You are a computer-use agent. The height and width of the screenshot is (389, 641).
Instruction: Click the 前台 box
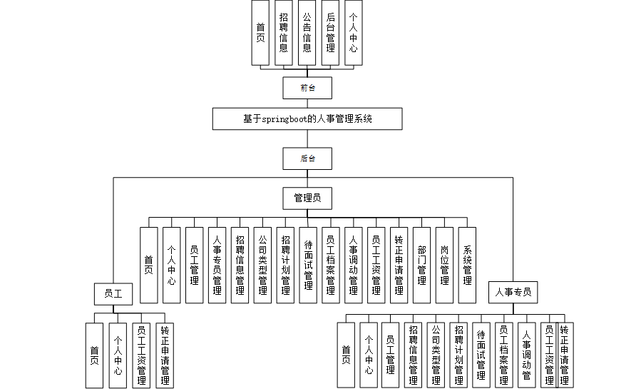tap(307, 88)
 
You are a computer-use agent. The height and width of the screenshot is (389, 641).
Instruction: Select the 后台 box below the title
tap(307, 158)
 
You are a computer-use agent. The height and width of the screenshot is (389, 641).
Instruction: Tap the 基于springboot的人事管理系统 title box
tap(307, 119)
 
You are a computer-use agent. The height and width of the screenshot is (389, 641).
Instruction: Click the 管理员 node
tap(307, 196)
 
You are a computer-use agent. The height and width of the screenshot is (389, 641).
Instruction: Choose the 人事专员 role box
tap(513, 291)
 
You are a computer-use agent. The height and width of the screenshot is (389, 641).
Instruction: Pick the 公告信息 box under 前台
tap(307, 33)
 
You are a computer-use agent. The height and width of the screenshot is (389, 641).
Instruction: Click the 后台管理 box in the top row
tap(330, 33)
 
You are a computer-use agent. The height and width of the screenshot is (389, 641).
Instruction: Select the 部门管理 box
tap(421, 265)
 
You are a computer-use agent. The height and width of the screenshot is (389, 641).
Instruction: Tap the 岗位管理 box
tap(444, 265)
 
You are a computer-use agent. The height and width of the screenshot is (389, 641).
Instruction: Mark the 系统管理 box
tap(467, 265)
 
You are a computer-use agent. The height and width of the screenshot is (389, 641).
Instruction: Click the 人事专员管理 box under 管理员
tap(217, 265)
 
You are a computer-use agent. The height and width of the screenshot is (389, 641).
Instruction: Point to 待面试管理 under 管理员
tap(307, 265)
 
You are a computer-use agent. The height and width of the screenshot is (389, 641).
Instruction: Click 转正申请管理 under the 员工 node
tap(165, 355)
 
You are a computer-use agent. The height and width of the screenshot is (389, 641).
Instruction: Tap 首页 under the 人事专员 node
tap(346, 355)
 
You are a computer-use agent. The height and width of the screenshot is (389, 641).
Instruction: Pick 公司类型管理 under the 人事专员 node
tap(436, 355)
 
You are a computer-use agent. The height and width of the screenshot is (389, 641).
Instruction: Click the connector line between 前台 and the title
tap(307, 103)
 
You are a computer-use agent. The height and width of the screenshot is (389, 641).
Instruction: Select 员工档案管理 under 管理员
tap(330, 265)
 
